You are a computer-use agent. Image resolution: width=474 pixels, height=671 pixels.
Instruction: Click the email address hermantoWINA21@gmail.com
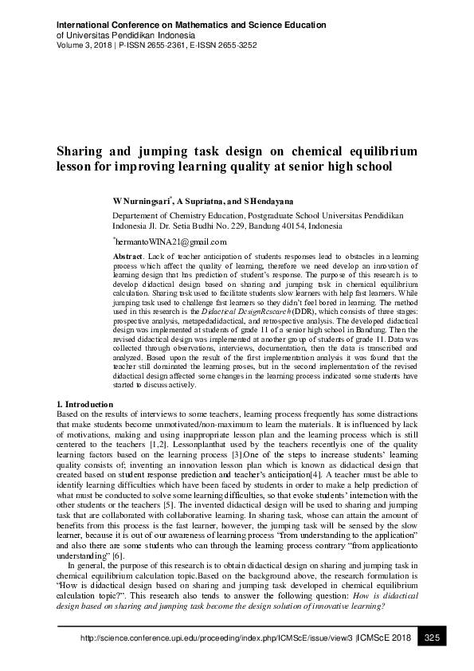pos(170,241)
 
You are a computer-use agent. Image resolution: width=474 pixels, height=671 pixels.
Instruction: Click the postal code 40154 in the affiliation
pos(279,226)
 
